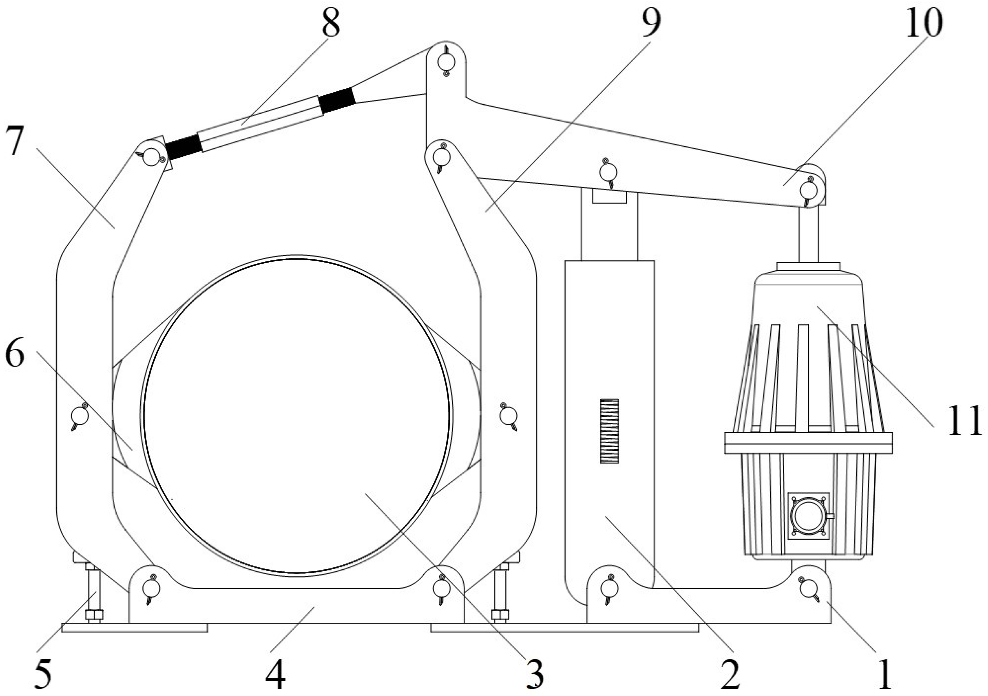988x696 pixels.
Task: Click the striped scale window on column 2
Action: click(609, 431)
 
